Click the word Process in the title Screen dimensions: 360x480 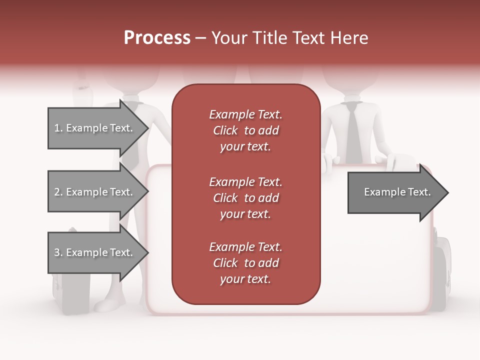coord(157,38)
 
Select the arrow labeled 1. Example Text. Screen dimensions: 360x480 coord(94,128)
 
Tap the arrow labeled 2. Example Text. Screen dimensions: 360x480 coord(94,192)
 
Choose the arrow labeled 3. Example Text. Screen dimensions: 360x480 coord(94,252)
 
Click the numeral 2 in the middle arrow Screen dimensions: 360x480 coord(57,192)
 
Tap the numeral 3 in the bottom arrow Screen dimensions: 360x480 coord(57,252)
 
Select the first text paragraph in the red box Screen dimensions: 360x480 coord(245,130)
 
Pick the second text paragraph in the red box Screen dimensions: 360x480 coord(245,198)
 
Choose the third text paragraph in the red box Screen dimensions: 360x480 coord(245,263)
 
